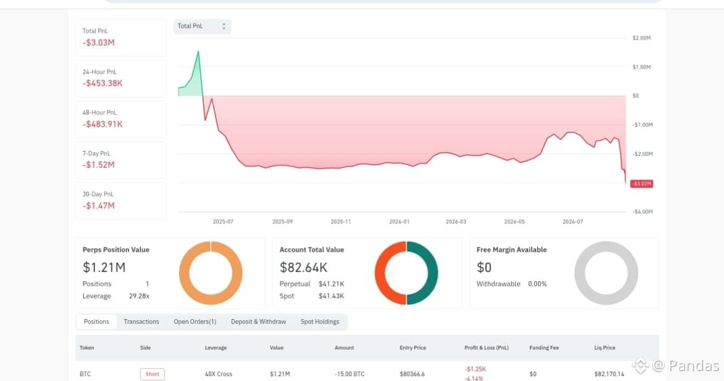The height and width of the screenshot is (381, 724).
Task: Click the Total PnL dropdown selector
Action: click(202, 27)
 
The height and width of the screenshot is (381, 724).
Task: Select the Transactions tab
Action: click(141, 322)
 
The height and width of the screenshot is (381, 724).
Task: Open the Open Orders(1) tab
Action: click(195, 322)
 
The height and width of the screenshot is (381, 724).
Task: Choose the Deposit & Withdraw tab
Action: click(258, 322)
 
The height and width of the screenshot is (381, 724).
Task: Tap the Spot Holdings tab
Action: click(319, 322)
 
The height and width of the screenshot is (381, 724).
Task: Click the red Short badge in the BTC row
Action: click(153, 374)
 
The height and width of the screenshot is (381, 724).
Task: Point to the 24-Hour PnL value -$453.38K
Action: click(103, 83)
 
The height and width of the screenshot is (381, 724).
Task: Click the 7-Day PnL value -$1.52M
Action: click(98, 165)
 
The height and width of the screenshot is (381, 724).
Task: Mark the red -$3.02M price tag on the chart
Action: click(641, 184)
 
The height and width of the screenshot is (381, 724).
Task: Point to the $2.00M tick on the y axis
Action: click(641, 38)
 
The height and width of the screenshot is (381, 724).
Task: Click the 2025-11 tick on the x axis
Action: click(341, 222)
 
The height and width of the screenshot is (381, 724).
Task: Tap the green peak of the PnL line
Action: click(198, 51)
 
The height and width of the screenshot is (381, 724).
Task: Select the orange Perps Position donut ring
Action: click(184, 273)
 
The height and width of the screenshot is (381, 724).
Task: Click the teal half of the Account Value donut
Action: click(433, 273)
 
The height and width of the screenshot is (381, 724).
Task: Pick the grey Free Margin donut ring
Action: click(579, 273)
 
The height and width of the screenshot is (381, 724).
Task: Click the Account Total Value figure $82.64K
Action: click(303, 268)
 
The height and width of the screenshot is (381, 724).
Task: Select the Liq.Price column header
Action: click(605, 348)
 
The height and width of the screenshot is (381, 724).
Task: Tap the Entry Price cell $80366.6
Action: click(412, 374)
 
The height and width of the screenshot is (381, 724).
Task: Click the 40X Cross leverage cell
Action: click(219, 374)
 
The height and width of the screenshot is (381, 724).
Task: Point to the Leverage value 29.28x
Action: click(139, 296)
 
